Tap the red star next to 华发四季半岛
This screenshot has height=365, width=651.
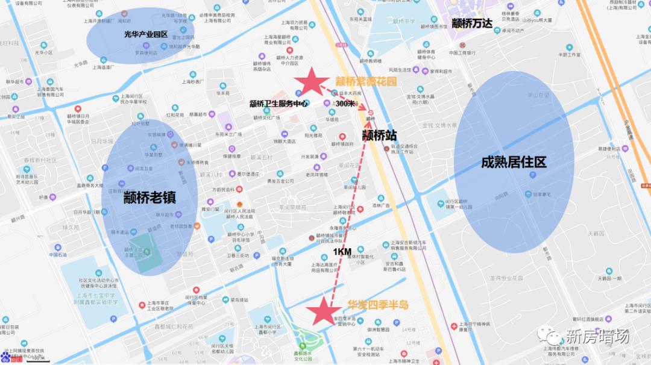(325, 311)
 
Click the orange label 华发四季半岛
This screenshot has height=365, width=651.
(378, 305)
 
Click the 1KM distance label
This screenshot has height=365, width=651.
(342, 251)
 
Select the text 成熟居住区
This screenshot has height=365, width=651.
(513, 163)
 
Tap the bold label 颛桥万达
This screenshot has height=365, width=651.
(472, 23)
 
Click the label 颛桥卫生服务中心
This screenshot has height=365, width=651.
(278, 104)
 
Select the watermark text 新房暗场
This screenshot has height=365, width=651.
(597, 337)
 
